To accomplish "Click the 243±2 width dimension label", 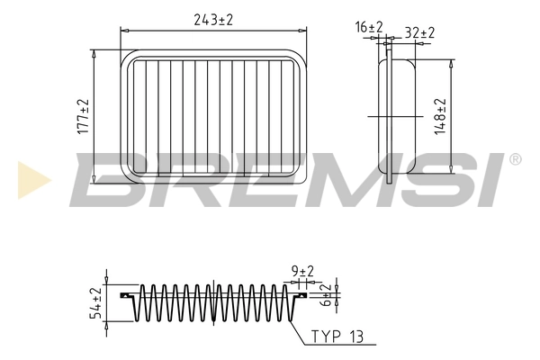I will coord(213,20).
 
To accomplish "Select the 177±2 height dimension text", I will coord(82,116).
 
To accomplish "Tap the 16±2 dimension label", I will coord(369,29).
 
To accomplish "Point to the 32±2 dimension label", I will coord(419,32).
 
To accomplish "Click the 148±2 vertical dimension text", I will coord(441,116).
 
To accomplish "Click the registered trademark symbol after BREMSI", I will coord(514,159).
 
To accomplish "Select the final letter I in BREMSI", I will coord(490,180).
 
